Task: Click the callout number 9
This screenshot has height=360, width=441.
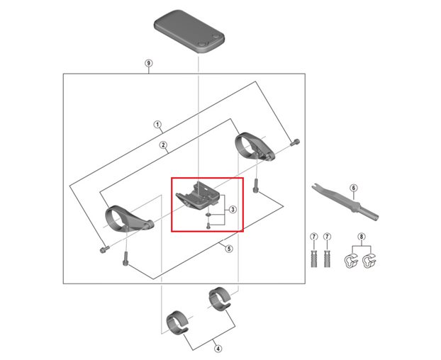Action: pos(148,64)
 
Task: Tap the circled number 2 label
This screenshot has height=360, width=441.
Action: pos(162,146)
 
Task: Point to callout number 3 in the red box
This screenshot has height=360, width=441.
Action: pos(232,210)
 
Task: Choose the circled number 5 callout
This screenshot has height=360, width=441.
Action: pos(228,248)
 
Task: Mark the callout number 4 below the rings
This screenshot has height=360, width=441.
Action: pos(218,348)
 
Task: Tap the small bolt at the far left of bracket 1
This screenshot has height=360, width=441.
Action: pos(104,249)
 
